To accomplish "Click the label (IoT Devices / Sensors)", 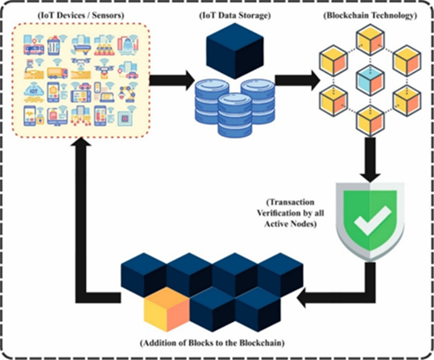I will (79, 14).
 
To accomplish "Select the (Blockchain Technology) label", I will (371, 14).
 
